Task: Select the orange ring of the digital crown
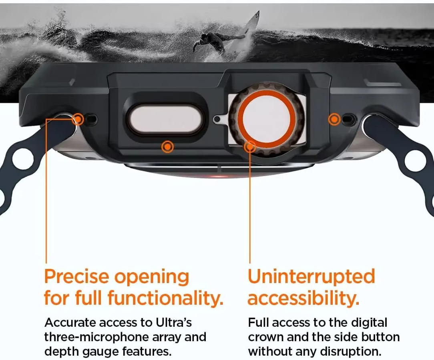(x=267, y=118)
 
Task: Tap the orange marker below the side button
(x=167, y=146)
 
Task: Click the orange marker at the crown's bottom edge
(x=250, y=146)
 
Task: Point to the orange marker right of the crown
(x=334, y=120)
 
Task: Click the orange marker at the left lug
(x=78, y=120)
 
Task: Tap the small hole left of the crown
(x=217, y=119)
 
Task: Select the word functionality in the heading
(x=165, y=298)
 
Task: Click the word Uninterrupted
(x=311, y=276)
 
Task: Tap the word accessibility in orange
(x=303, y=298)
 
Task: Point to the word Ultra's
(x=174, y=322)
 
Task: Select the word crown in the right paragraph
(x=266, y=337)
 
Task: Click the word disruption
(x=351, y=352)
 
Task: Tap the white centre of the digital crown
(x=267, y=118)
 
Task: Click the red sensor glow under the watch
(x=219, y=176)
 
